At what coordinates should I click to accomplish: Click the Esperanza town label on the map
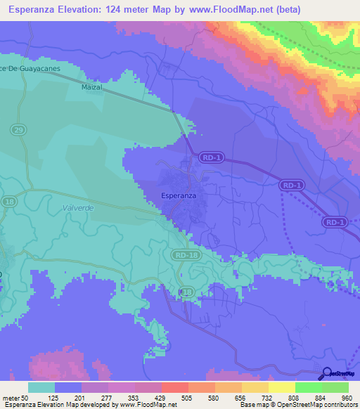[179, 195]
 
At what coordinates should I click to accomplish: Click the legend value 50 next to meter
[25, 398]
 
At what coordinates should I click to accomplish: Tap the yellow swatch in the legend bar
[281, 387]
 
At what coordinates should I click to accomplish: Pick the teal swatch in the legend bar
[41, 387]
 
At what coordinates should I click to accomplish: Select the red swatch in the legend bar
[174, 387]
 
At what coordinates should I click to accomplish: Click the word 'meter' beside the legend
[10, 398]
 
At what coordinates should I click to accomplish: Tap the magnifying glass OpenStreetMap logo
[326, 375]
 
